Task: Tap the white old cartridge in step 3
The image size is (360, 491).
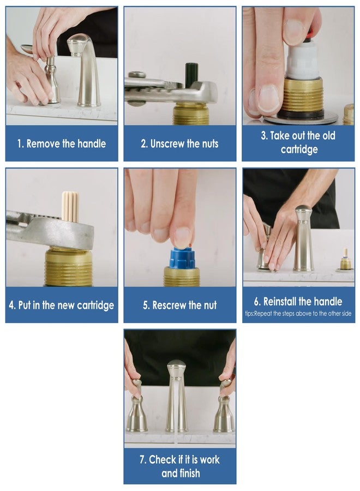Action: click(302, 61)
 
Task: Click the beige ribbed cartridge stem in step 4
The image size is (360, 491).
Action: click(70, 206)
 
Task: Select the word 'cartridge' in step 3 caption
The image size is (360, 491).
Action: click(299, 149)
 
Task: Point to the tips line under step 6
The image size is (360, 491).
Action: click(298, 314)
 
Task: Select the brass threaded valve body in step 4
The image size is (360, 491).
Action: click(68, 266)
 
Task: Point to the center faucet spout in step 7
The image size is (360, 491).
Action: click(177, 395)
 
